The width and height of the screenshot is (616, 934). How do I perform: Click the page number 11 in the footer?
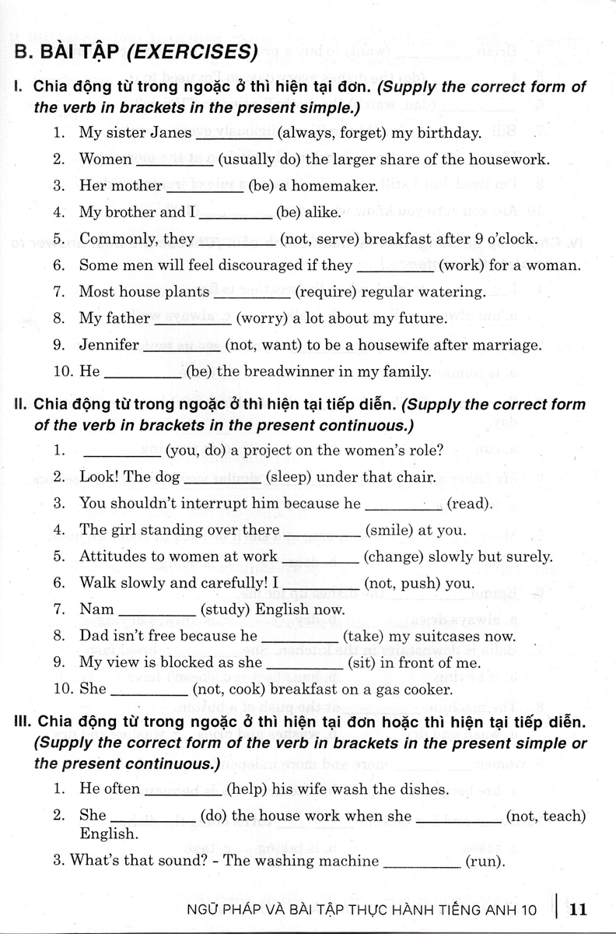pos(583,908)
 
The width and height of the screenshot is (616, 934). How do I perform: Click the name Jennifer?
pos(109,345)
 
